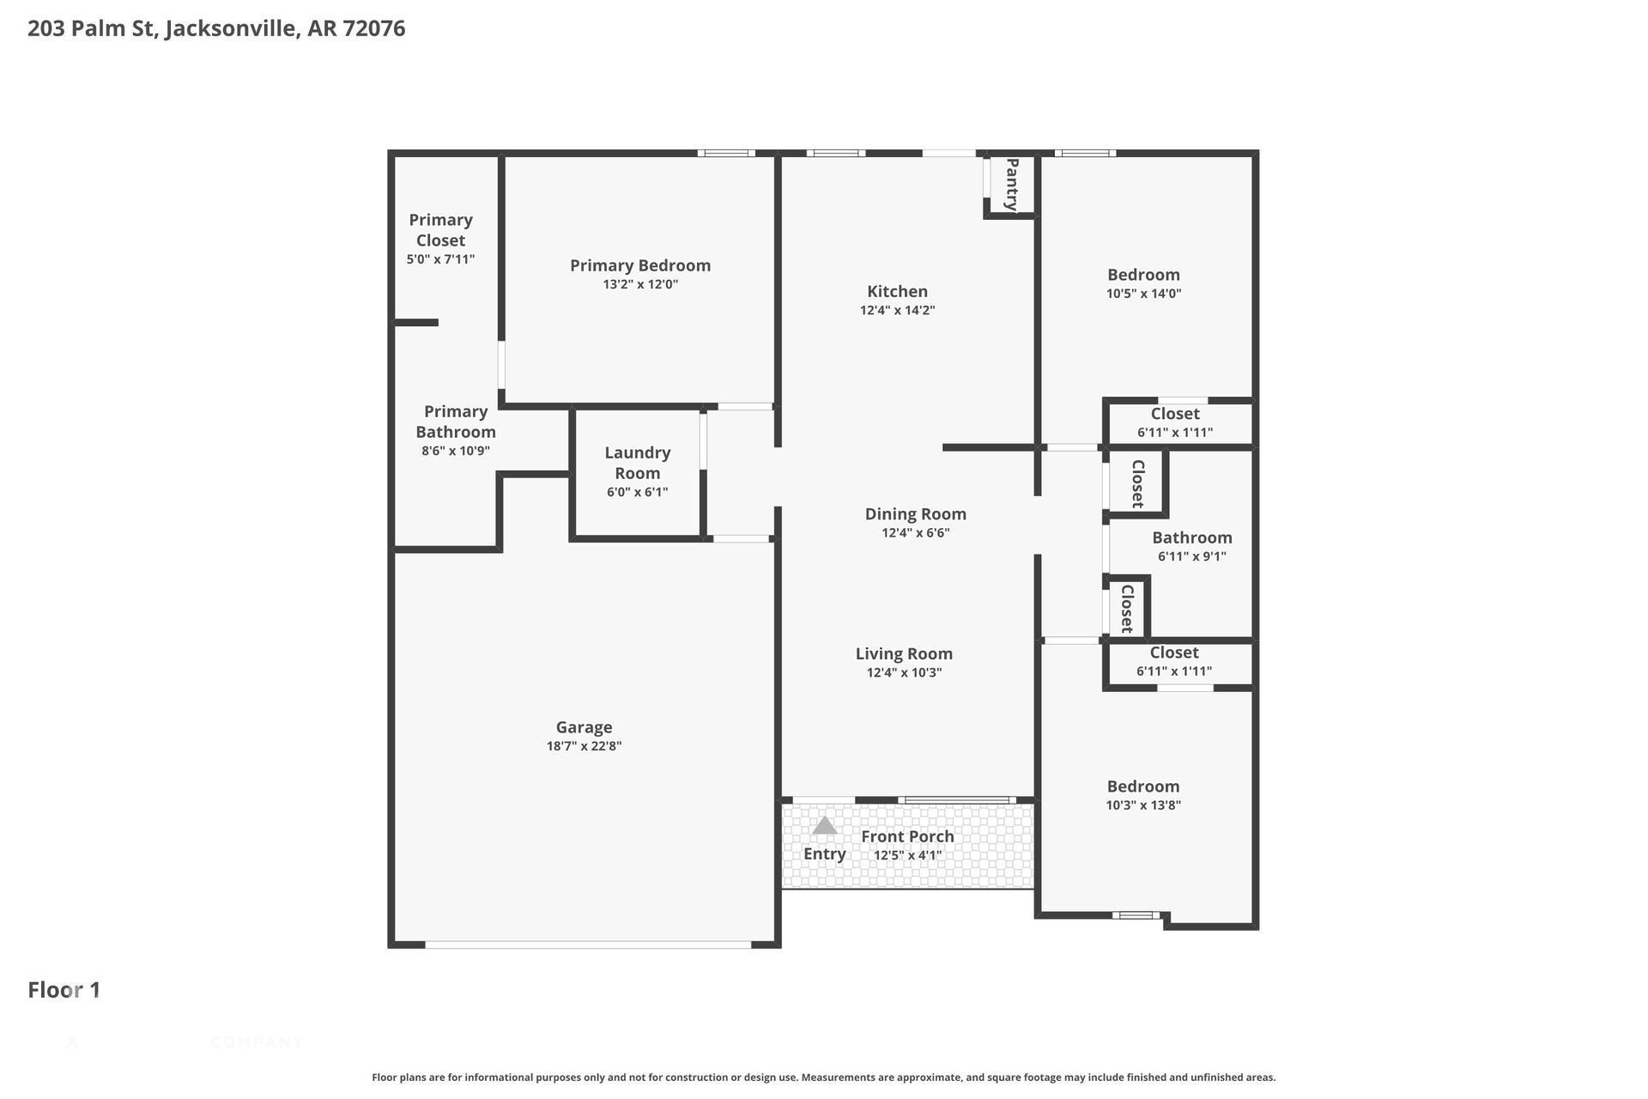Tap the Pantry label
(x=1012, y=185)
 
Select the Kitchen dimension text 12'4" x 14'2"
(x=897, y=310)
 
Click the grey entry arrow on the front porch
(x=824, y=825)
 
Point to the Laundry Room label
(x=637, y=463)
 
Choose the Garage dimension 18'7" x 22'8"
(x=584, y=746)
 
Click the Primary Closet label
(x=440, y=230)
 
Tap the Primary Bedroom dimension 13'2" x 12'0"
(x=640, y=284)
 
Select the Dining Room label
(x=915, y=513)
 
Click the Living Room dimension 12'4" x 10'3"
(x=904, y=672)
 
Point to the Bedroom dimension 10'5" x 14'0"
(x=1143, y=293)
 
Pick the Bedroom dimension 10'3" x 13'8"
(x=1143, y=805)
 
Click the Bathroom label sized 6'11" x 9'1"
(x=1191, y=537)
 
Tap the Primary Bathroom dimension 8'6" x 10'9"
(x=456, y=451)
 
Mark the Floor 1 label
(x=64, y=990)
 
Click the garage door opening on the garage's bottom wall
(x=588, y=944)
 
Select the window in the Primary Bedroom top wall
(x=726, y=153)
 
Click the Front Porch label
(x=907, y=836)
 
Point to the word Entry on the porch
(x=824, y=853)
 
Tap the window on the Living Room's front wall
(x=957, y=800)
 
